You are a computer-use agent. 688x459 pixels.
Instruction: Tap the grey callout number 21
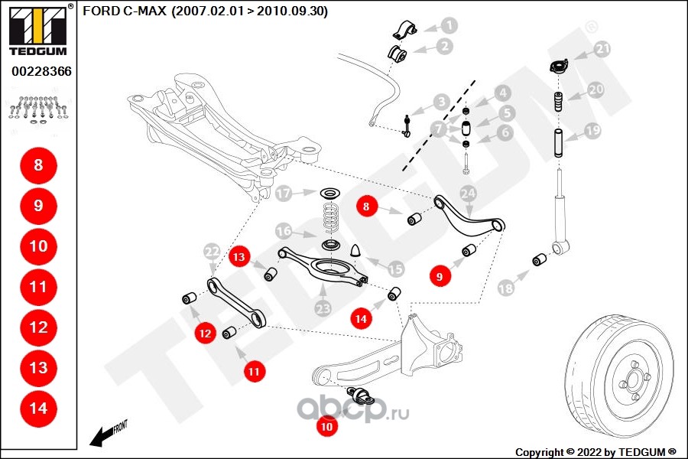(x=604, y=50)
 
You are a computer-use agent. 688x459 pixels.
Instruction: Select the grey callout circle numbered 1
(x=449, y=25)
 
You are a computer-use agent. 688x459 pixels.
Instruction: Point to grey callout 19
(x=593, y=131)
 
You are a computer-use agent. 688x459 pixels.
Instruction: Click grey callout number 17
(x=284, y=194)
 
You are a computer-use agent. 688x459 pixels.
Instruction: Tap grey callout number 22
(x=211, y=251)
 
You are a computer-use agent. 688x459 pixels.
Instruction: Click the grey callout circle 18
(x=506, y=288)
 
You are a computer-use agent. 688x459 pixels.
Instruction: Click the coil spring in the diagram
(x=330, y=216)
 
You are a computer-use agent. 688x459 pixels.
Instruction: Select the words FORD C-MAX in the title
(x=124, y=11)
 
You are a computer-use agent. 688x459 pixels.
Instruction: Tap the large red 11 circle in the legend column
(x=38, y=287)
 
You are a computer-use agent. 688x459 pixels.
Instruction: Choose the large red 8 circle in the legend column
(x=38, y=164)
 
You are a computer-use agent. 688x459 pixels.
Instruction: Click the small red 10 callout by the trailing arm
(x=327, y=427)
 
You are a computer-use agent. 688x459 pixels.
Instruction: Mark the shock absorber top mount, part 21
(x=559, y=67)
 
